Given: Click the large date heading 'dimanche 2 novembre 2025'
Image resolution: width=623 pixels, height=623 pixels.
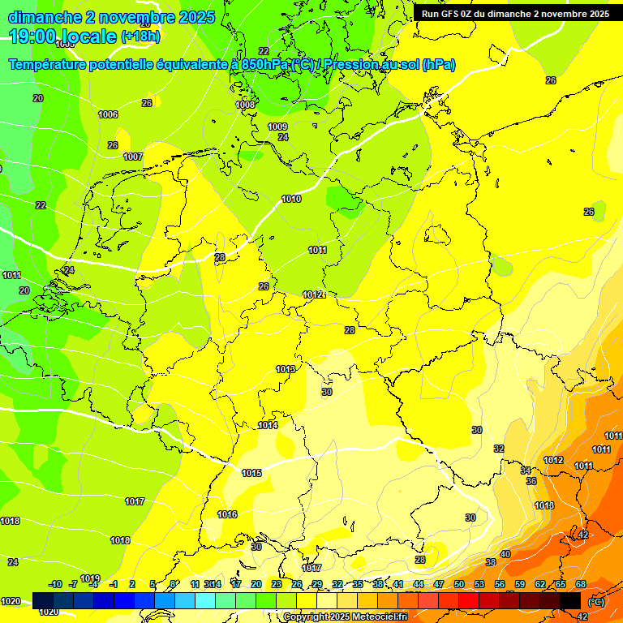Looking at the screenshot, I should (111, 17).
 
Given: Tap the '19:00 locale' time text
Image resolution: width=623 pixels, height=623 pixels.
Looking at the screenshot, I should (63, 37).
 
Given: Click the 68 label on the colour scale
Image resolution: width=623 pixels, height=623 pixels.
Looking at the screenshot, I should (581, 584).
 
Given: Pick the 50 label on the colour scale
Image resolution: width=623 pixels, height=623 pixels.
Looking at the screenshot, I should (459, 584).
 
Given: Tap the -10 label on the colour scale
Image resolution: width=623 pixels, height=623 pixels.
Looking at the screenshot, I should (55, 584).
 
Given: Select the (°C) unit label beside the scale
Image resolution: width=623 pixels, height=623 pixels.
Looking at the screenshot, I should (595, 602).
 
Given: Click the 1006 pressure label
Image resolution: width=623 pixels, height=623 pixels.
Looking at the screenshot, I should (108, 115).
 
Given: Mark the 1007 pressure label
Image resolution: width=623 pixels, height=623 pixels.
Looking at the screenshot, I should (133, 157).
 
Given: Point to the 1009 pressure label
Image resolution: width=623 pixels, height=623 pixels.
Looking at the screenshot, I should (277, 127).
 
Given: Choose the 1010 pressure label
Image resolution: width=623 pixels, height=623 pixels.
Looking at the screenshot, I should (291, 200).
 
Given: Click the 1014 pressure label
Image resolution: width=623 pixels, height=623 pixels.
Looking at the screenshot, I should (268, 426).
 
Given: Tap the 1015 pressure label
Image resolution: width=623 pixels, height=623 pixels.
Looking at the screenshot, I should (251, 473).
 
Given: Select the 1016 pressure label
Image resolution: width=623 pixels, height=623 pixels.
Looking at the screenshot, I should (227, 515).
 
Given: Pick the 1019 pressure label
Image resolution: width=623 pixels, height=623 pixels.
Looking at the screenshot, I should (90, 578).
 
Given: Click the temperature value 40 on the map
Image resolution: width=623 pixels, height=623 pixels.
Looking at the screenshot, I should (505, 554).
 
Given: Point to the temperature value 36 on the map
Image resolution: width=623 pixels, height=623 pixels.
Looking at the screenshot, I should (531, 481).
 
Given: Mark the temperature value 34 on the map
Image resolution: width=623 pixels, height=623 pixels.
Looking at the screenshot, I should (526, 470).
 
